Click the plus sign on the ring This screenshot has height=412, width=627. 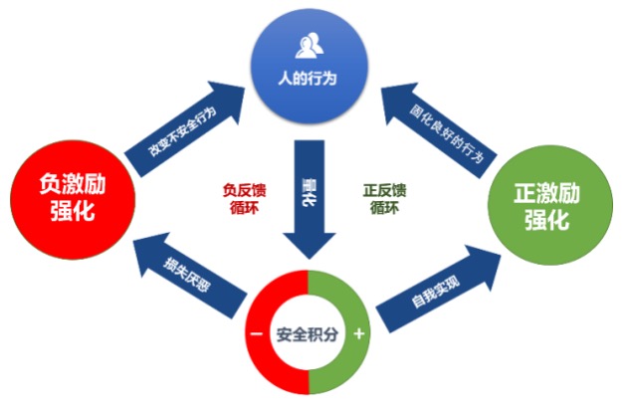tap(359, 334)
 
